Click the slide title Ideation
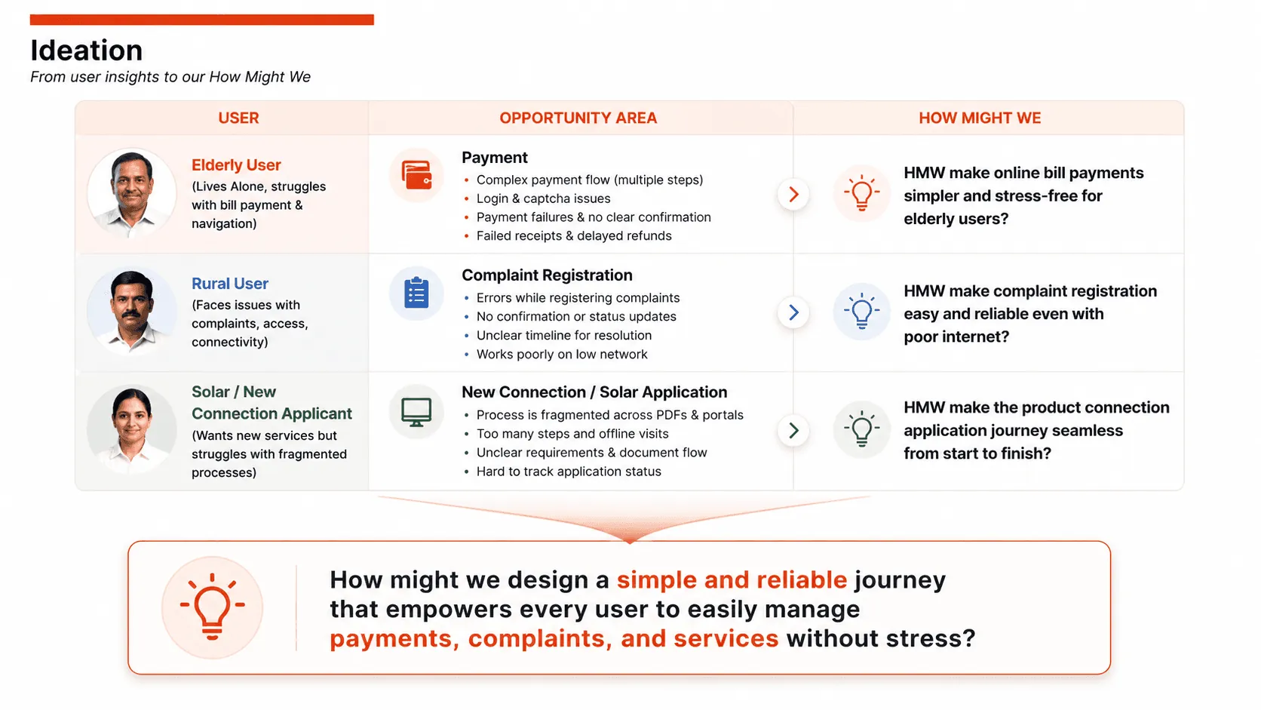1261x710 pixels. pos(86,50)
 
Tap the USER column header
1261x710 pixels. pos(238,118)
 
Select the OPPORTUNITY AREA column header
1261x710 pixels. pos(578,118)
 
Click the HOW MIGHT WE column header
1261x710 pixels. pos(980,118)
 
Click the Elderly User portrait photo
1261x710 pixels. pos(132,193)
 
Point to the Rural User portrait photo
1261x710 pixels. pos(132,312)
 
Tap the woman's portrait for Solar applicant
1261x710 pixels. pos(132,429)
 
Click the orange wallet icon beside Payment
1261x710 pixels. pos(416,174)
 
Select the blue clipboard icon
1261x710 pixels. pos(416,293)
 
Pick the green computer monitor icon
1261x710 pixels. pos(416,412)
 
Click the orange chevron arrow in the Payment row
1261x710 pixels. pos(793,194)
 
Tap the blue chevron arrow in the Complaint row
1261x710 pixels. pos(793,312)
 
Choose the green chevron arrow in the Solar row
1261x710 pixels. pos(793,431)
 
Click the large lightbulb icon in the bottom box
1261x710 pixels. pos(212,607)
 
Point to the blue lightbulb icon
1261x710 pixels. pos(861,311)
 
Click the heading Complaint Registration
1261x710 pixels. pos(547,275)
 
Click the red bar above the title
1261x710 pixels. pos(202,20)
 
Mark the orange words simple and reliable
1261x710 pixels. pos(732,580)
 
